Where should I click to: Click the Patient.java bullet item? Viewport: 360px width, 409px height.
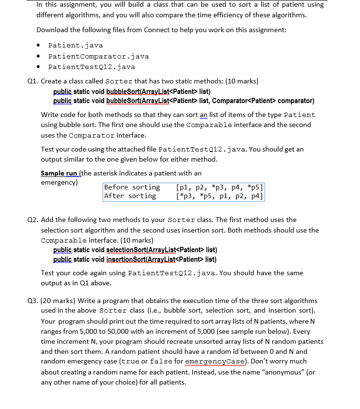[75, 46]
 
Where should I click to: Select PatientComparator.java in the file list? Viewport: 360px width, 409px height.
[98, 56]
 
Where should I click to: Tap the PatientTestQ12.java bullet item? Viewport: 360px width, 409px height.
[92, 67]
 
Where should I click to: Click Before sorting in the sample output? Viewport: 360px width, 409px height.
[132, 187]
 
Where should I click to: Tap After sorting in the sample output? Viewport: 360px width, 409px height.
[130, 196]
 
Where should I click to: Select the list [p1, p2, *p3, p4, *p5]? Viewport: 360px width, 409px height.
[220, 187]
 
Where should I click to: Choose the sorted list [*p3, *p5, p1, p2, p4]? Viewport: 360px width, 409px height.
[220, 196]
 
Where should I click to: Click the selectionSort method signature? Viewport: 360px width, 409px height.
[135, 250]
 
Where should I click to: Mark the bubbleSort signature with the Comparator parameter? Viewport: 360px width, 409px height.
[184, 101]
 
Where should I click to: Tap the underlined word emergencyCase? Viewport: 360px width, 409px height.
[253, 362]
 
